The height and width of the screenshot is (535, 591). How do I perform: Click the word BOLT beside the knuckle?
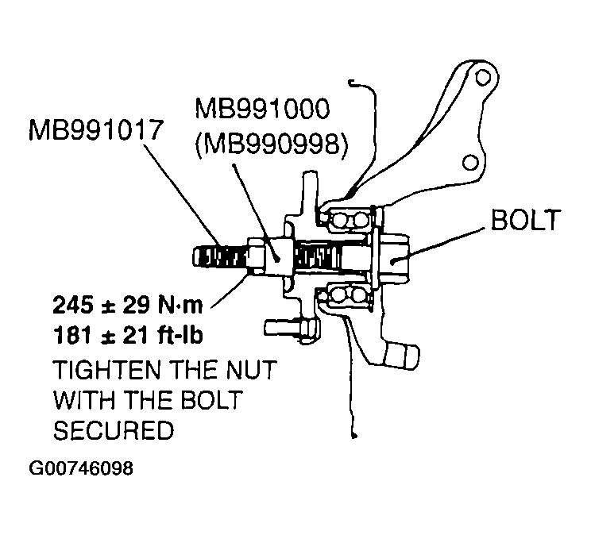tap(526, 221)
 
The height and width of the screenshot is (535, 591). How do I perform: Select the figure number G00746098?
tap(81, 468)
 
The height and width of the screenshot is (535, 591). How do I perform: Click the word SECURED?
tap(113, 430)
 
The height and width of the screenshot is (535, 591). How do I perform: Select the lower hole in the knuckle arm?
tap(470, 163)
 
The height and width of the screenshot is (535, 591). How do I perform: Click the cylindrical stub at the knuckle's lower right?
tap(407, 355)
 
